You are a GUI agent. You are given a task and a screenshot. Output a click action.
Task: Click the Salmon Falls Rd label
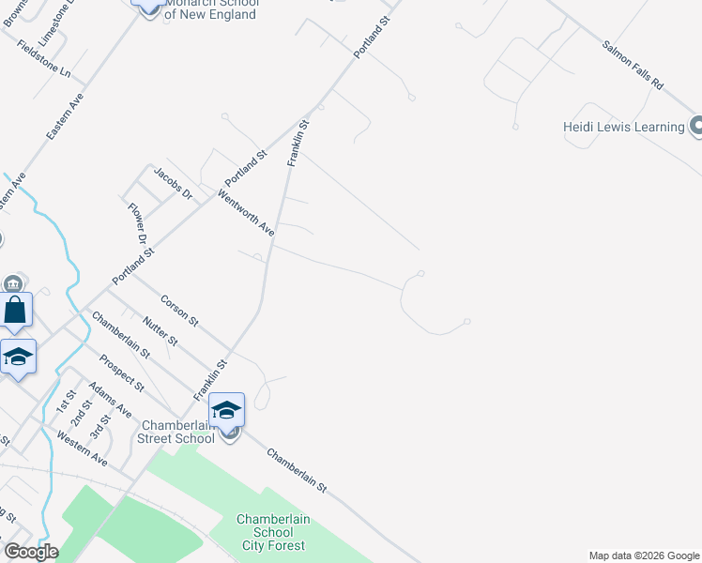tap(633, 65)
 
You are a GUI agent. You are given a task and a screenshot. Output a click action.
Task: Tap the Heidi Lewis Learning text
tap(623, 128)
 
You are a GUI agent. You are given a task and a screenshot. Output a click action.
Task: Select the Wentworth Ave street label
tap(246, 213)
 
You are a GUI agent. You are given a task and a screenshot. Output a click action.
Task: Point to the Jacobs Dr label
tap(174, 183)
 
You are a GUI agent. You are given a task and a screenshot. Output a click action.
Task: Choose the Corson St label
tap(179, 311)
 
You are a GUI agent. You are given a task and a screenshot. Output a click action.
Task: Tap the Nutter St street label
tap(160, 330)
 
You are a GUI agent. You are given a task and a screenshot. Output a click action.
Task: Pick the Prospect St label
tap(122, 373)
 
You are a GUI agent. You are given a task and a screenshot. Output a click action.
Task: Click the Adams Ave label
tap(111, 399)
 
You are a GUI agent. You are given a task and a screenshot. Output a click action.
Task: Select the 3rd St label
tap(99, 428)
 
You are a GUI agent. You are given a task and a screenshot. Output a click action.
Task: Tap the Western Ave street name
tap(82, 448)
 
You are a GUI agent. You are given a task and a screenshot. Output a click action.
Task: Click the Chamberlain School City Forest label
tap(273, 532)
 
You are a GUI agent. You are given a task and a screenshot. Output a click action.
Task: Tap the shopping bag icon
tap(16, 310)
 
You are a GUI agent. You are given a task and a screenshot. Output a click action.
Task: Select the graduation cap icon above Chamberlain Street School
tap(226, 409)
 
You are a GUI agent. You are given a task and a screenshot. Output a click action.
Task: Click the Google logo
tap(31, 552)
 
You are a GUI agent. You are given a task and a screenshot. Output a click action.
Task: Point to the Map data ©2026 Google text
tap(643, 555)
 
